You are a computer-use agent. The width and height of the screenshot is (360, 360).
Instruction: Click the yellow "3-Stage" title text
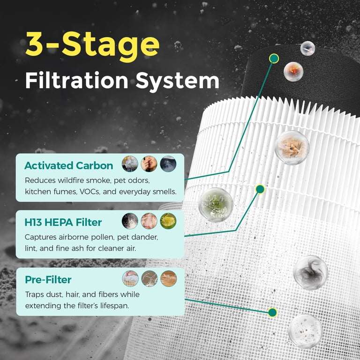[x=92, y=46]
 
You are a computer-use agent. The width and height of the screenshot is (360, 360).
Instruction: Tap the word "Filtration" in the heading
[x=77, y=81]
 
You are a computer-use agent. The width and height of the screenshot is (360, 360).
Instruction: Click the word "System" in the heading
[x=177, y=82]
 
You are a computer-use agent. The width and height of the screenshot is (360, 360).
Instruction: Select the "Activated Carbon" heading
[x=68, y=165]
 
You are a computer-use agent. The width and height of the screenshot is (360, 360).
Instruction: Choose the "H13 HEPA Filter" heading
[x=63, y=222]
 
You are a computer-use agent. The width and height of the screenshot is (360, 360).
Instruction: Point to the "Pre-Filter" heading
[x=48, y=280]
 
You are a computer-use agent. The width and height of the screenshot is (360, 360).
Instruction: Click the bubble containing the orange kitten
[x=292, y=148]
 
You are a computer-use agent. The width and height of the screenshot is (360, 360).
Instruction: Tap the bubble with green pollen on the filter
[x=216, y=205]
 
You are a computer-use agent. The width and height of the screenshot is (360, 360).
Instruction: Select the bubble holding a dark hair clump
[x=311, y=272]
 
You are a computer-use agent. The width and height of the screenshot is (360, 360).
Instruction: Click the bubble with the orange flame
[x=293, y=72]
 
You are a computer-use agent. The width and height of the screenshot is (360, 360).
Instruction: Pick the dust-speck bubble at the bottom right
[x=305, y=331]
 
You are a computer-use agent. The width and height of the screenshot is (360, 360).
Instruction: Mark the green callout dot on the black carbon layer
[x=274, y=59]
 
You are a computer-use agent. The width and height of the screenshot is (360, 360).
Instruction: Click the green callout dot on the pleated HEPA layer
[x=260, y=189]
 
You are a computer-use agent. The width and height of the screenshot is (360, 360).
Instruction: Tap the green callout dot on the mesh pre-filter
[x=272, y=313]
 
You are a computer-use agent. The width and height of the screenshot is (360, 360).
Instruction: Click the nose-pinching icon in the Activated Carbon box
[x=149, y=164]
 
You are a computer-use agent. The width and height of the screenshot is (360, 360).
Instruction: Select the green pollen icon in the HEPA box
[x=168, y=221]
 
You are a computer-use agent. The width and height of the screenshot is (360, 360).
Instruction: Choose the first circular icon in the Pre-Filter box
[x=130, y=278]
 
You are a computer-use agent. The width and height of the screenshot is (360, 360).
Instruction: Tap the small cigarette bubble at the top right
[x=307, y=48]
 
